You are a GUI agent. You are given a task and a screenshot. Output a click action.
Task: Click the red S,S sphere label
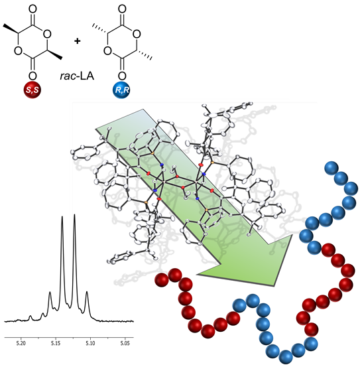(x=32, y=90)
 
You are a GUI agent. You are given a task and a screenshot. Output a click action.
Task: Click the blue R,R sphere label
(x=121, y=90)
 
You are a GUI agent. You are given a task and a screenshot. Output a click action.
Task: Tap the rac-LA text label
(x=77, y=76)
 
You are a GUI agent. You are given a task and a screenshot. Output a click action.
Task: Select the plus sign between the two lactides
(x=77, y=41)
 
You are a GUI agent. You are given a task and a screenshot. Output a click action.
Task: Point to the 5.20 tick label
(x=21, y=343)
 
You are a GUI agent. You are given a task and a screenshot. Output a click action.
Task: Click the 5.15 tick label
(x=56, y=343)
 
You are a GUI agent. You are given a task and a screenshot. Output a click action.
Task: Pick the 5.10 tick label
(x=90, y=343)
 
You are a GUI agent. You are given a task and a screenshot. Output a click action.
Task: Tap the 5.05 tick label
(x=125, y=343)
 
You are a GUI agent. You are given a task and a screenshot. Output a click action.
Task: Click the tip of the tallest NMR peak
(x=74, y=214)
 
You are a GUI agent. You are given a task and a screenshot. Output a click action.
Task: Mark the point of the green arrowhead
(x=275, y=286)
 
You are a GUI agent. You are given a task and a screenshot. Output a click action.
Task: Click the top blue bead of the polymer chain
(x=331, y=168)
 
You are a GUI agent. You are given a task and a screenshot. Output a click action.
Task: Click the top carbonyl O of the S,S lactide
(x=32, y=9)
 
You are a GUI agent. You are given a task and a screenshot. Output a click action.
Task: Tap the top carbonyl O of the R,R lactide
(x=122, y=9)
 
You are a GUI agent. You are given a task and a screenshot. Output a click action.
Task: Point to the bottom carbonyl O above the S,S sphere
(x=32, y=76)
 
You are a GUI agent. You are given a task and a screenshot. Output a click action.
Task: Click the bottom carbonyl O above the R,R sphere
(x=122, y=76)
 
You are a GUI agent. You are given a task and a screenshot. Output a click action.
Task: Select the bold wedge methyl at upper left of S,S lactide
(x=11, y=29)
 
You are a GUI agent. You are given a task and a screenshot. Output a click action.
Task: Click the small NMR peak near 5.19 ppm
(x=30, y=316)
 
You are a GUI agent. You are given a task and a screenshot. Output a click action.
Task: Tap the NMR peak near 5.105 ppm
(x=87, y=292)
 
